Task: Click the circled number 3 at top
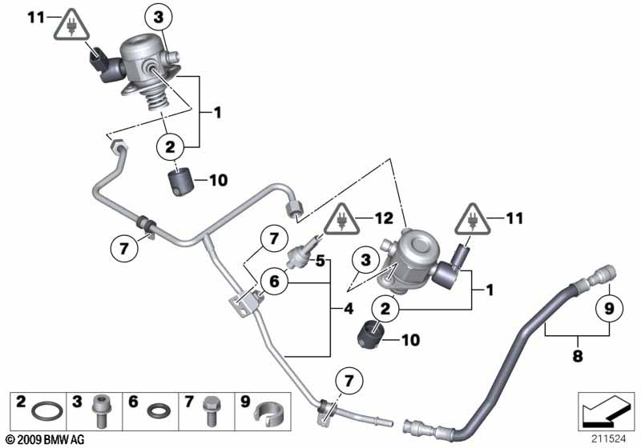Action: (158, 16)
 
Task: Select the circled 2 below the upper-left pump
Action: (170, 146)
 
